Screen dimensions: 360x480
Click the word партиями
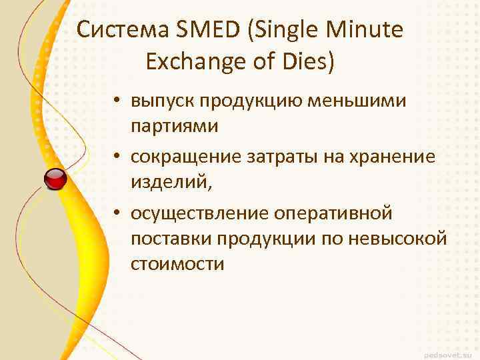(175, 125)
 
